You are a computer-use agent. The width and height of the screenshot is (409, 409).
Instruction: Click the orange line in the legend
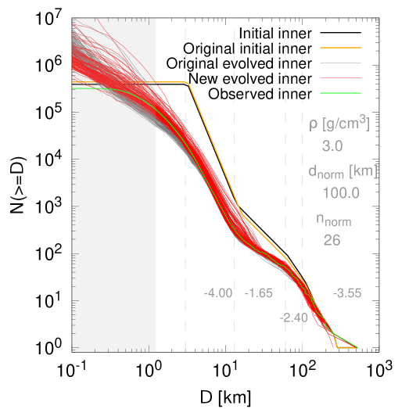(x=340, y=48)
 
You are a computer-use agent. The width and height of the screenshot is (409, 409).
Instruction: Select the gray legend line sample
(x=340, y=63)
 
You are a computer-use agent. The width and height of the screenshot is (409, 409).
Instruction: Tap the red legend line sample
(x=340, y=77)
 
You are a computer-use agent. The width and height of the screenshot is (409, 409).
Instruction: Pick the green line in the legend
(x=340, y=92)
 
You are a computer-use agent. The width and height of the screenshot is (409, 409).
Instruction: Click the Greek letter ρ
(x=313, y=124)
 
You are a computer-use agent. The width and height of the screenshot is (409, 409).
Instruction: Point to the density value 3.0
(x=332, y=145)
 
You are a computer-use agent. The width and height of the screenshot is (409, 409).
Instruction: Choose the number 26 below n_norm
(x=332, y=241)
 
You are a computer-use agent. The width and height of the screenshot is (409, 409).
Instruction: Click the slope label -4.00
(x=218, y=293)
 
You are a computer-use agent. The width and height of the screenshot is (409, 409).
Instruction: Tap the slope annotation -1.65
(x=259, y=293)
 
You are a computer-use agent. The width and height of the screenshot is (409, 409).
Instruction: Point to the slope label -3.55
(x=347, y=293)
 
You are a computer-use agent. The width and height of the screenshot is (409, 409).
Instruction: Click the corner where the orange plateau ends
(x=187, y=82)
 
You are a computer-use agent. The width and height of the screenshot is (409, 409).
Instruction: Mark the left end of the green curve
(x=74, y=88)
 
